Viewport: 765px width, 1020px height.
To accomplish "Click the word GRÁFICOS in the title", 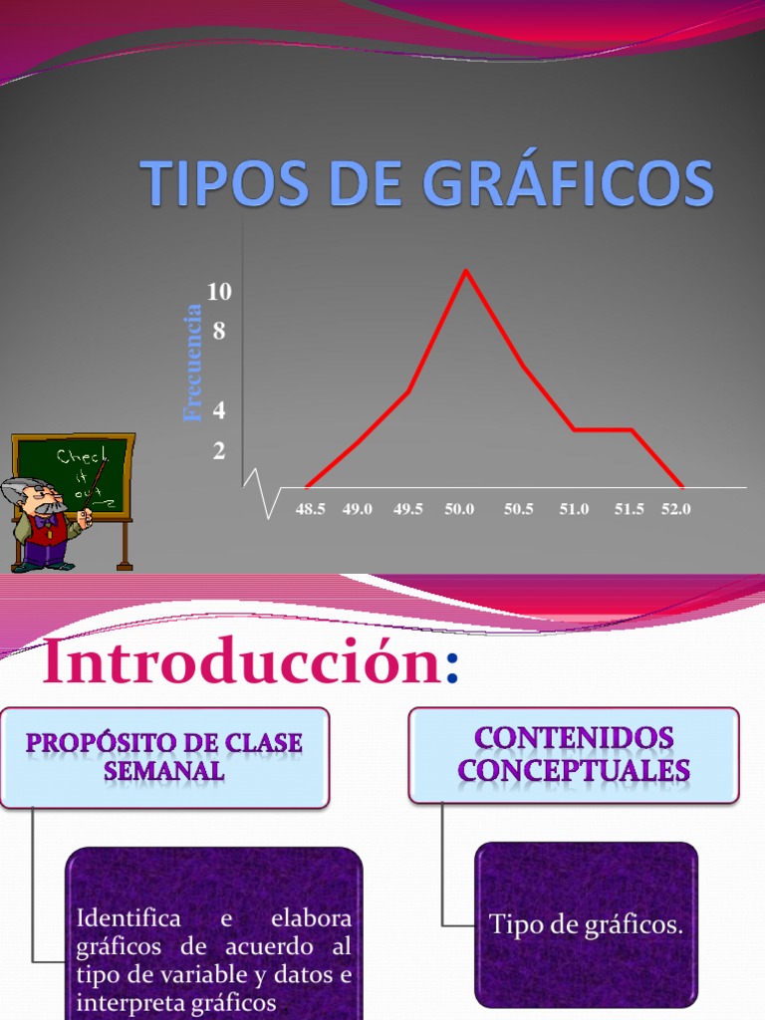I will (569, 185).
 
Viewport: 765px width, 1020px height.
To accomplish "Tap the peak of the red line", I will (465, 271).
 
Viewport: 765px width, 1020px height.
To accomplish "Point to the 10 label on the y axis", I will (219, 291).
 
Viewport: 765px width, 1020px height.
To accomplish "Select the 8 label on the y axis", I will (219, 331).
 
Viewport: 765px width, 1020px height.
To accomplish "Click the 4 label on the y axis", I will (219, 409).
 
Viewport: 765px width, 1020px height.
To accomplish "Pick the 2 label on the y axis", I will (219, 450).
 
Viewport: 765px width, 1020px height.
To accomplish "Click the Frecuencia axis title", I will (193, 364).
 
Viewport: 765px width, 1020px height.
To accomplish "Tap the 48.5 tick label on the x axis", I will (310, 509).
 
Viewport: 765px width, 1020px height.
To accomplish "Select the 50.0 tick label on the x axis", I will (459, 509).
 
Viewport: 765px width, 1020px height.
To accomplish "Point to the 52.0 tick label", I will (676, 509).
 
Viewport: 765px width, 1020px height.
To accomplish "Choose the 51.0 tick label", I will (574, 509).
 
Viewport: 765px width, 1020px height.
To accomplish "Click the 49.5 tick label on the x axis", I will (408, 509).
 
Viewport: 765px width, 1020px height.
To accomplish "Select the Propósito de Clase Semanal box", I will (164, 757).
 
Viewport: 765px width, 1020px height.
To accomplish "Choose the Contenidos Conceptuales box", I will (574, 754).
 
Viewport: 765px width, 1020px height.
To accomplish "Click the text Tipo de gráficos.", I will (586, 925).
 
